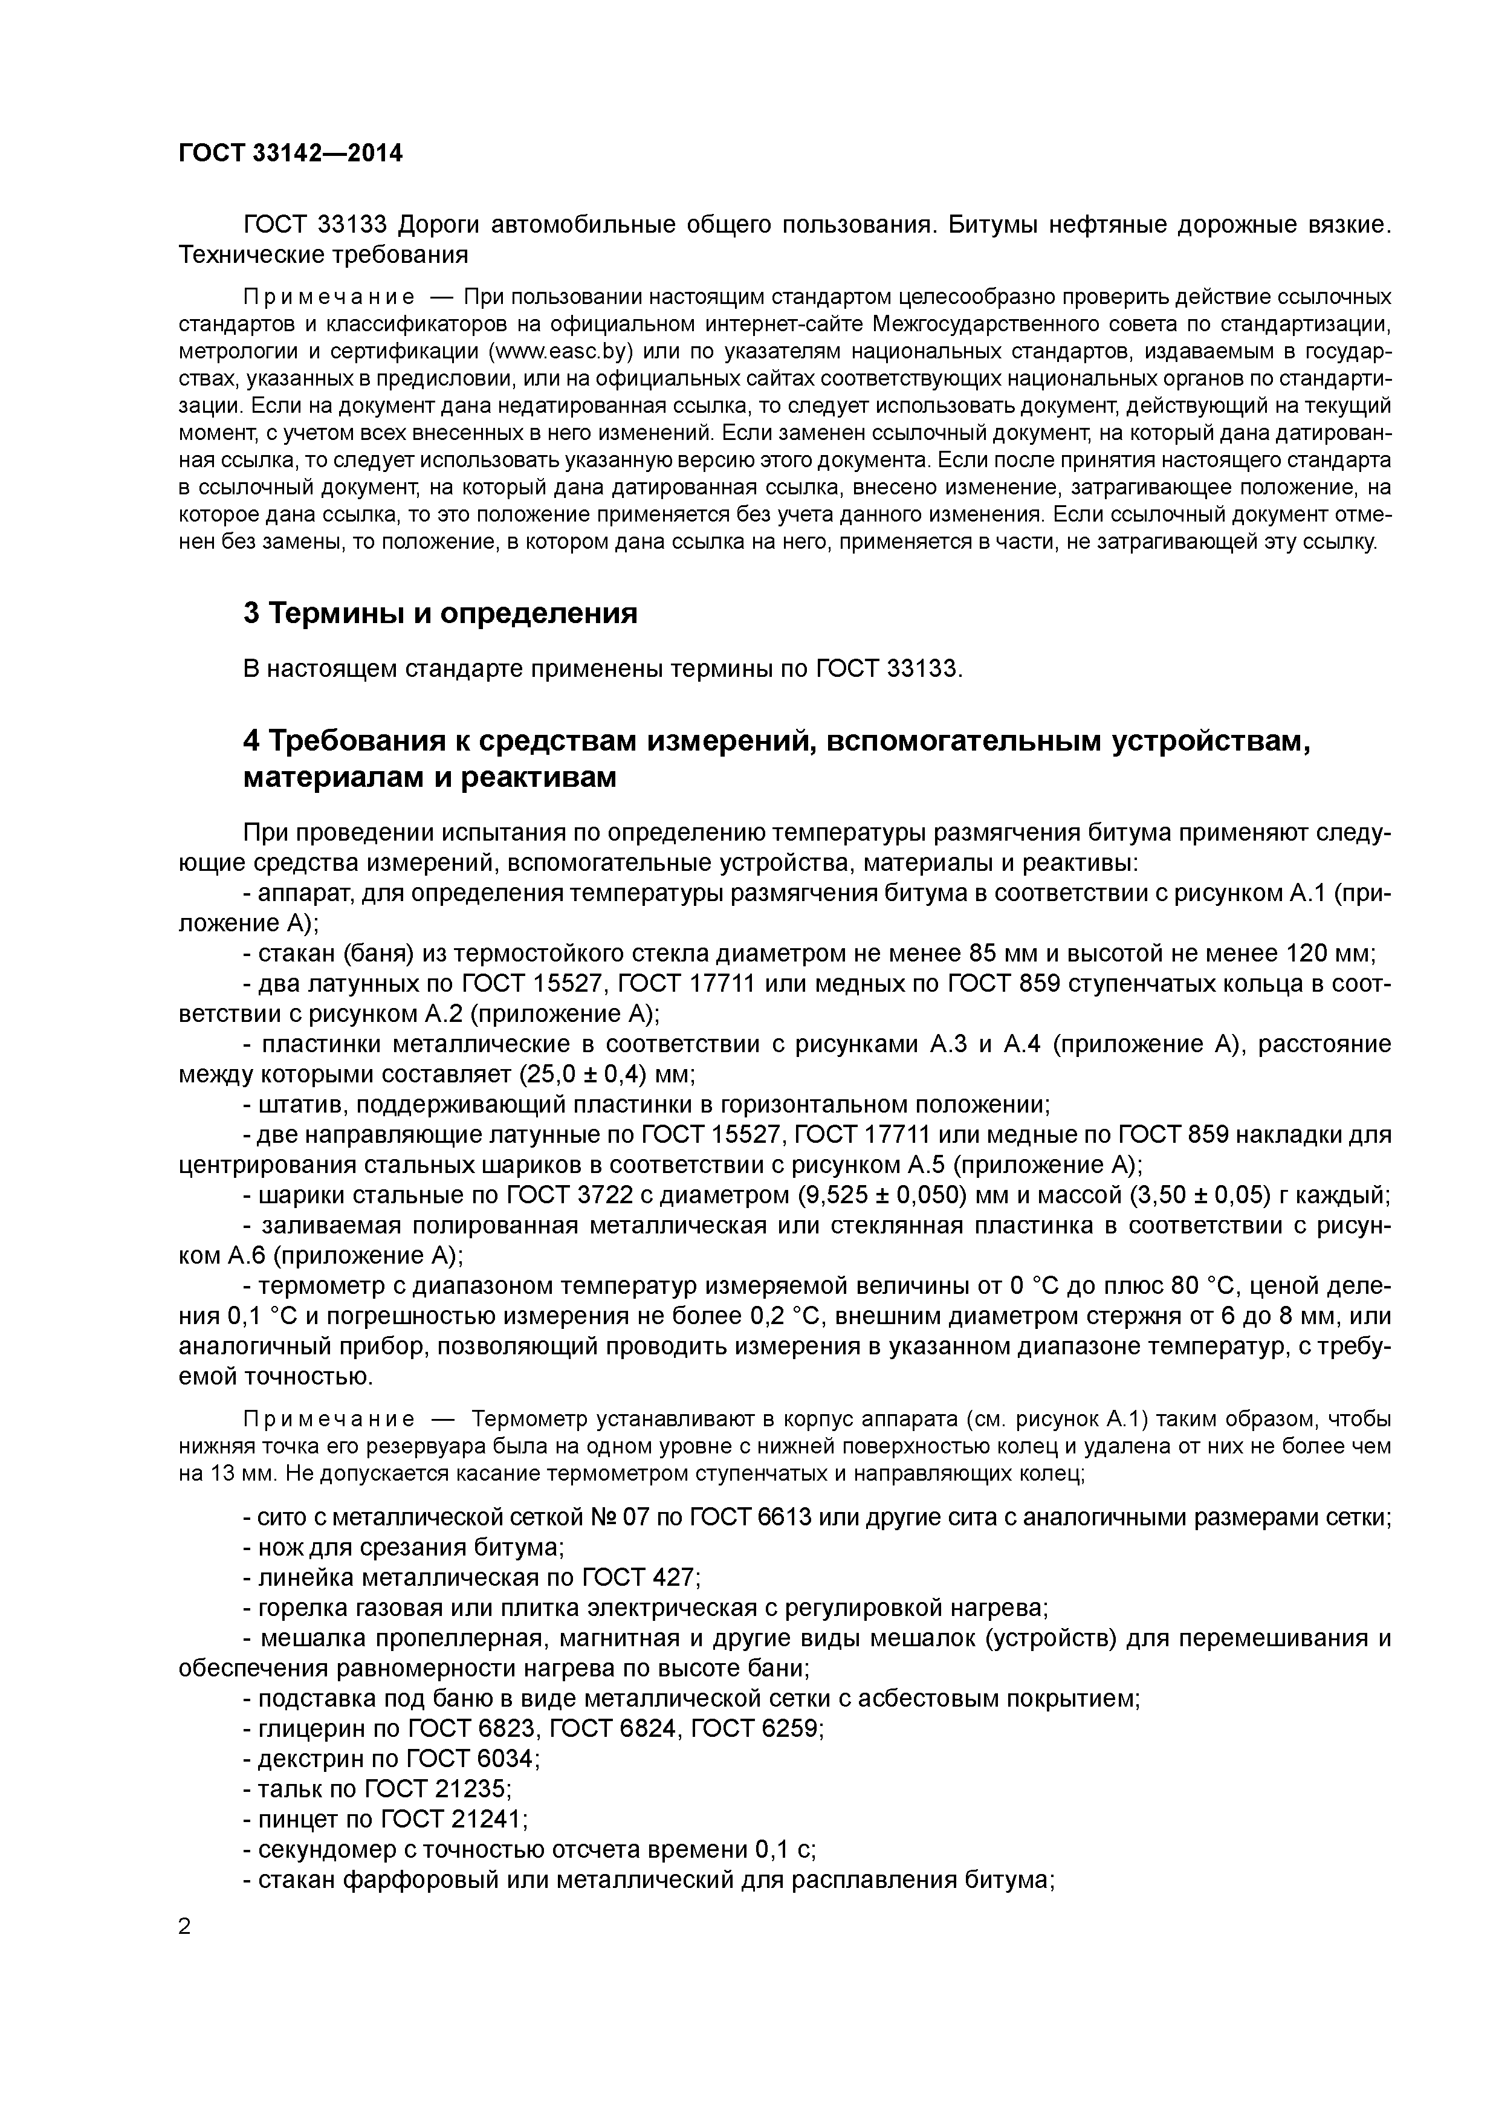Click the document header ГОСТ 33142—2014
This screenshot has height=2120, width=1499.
[290, 154]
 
